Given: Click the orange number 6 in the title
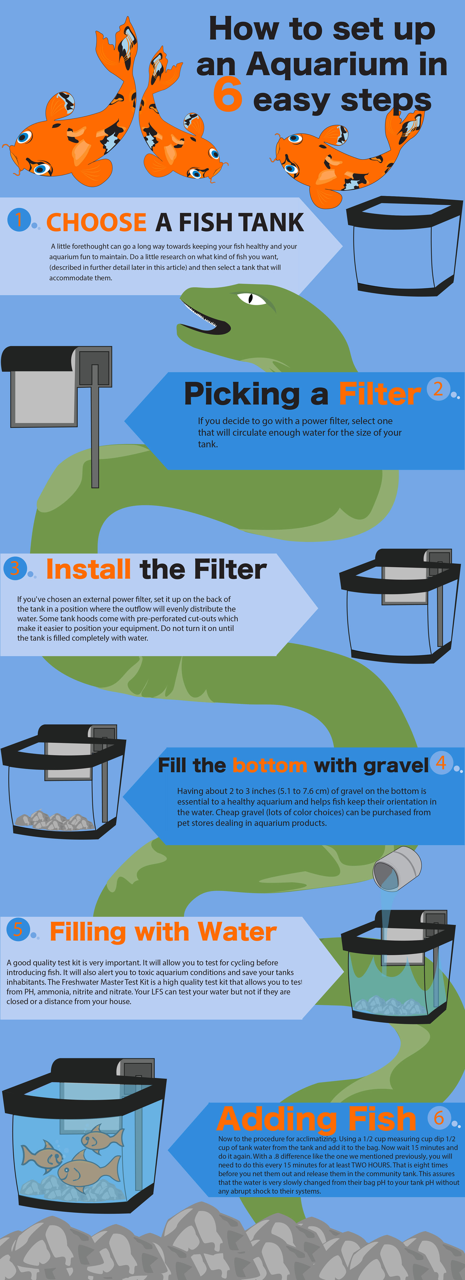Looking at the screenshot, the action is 227,94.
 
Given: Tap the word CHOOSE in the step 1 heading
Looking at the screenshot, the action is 96,222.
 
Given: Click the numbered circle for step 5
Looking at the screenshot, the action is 18,929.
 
